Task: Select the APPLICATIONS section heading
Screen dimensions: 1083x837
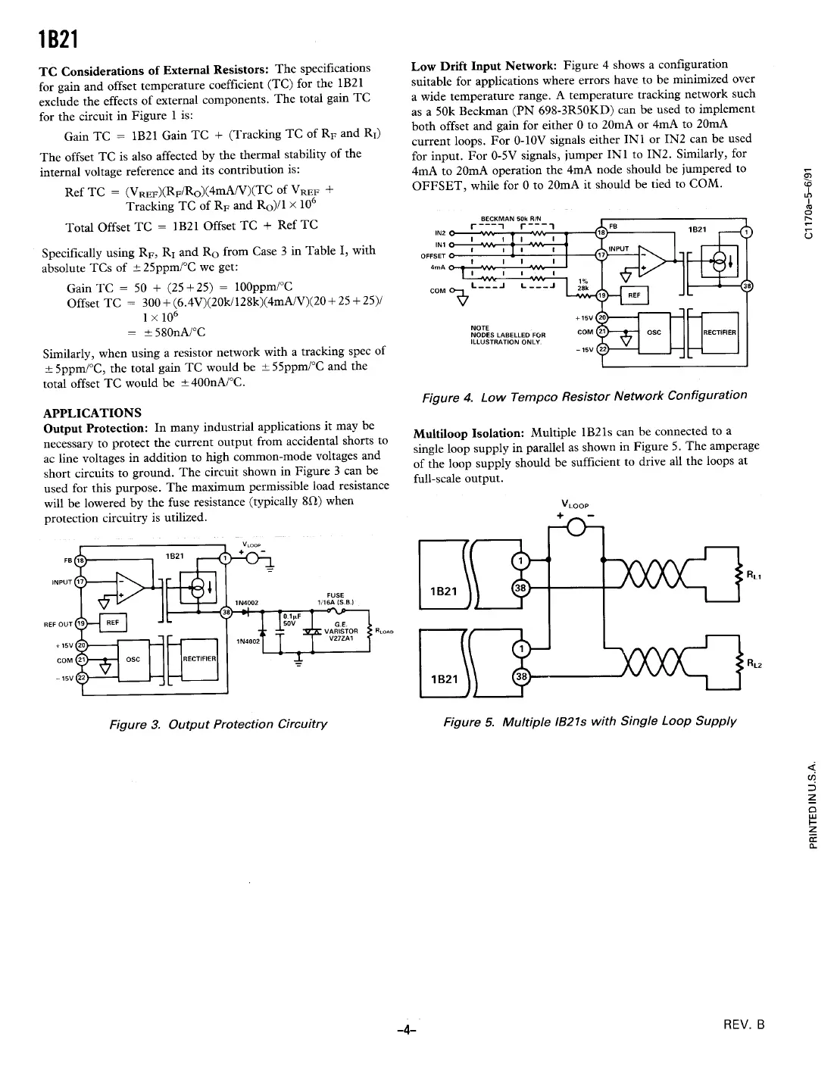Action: [92, 413]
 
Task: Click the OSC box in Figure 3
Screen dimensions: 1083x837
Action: [133, 659]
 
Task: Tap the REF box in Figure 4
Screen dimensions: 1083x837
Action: [635, 295]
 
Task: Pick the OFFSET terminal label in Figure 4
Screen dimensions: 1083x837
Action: [432, 255]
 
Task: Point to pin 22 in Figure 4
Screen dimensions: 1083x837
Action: [603, 348]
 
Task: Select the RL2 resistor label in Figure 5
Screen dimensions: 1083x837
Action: [753, 664]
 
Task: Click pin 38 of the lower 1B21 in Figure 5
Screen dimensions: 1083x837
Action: [519, 676]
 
